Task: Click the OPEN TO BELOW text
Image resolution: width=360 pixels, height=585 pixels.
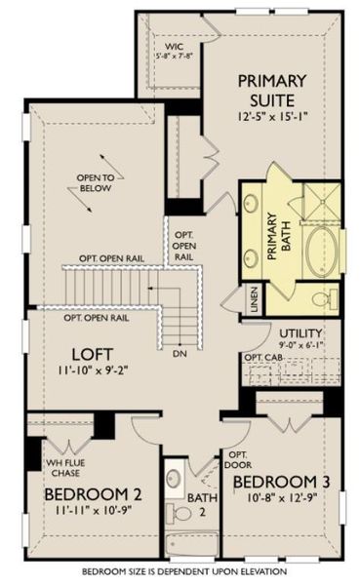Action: (x=97, y=182)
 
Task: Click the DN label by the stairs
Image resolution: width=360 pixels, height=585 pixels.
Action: (x=180, y=352)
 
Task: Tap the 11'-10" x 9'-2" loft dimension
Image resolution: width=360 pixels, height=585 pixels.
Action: (x=94, y=370)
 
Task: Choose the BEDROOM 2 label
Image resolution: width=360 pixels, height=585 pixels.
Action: (x=89, y=495)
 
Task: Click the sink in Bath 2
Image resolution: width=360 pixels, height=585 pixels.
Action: (x=174, y=479)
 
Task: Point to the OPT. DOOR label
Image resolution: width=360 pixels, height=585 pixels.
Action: (x=237, y=460)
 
